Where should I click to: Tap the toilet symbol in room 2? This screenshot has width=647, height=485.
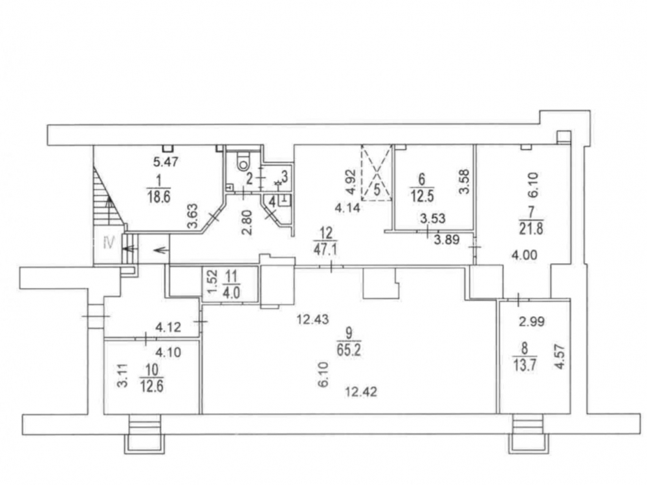[245, 162]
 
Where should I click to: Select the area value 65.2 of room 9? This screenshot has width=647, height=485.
[349, 350]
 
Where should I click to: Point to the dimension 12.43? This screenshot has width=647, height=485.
[313, 319]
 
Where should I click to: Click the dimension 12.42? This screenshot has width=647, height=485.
[361, 391]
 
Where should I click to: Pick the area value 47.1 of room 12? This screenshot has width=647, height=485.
[326, 250]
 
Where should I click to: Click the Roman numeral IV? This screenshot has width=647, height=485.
[109, 242]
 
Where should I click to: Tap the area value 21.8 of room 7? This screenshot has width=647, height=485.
[531, 228]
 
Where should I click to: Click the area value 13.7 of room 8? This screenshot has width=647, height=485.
[525, 365]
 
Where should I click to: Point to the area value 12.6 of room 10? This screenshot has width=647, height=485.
[152, 387]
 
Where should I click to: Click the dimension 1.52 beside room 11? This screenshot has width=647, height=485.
[212, 285]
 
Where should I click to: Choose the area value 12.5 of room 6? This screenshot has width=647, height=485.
[421, 195]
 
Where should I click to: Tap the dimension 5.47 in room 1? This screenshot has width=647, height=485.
[166, 162]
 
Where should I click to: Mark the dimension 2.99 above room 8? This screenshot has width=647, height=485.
[532, 321]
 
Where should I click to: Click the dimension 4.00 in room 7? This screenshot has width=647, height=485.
[525, 255]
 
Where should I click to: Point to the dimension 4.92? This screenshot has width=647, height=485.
[350, 182]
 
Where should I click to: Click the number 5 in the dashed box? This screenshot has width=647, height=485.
[377, 190]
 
